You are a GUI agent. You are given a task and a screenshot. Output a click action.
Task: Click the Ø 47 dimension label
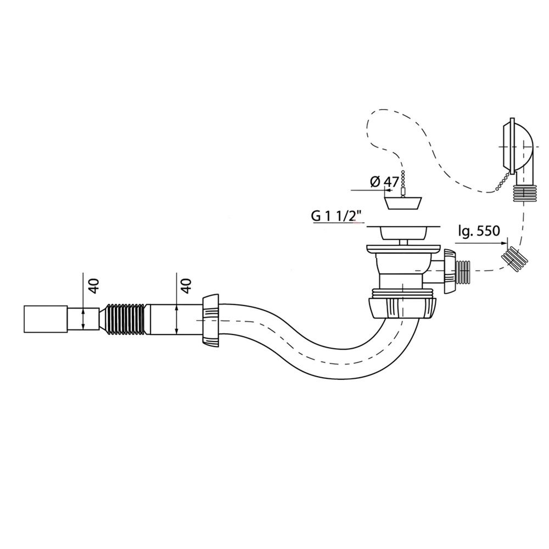point(384,182)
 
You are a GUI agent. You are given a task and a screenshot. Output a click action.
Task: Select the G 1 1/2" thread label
point(338,216)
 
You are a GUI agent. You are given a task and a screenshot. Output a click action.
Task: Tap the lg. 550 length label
point(479,231)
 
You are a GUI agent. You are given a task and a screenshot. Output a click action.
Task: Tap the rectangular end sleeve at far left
point(45,319)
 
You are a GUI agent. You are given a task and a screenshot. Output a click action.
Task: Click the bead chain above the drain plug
point(404,183)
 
